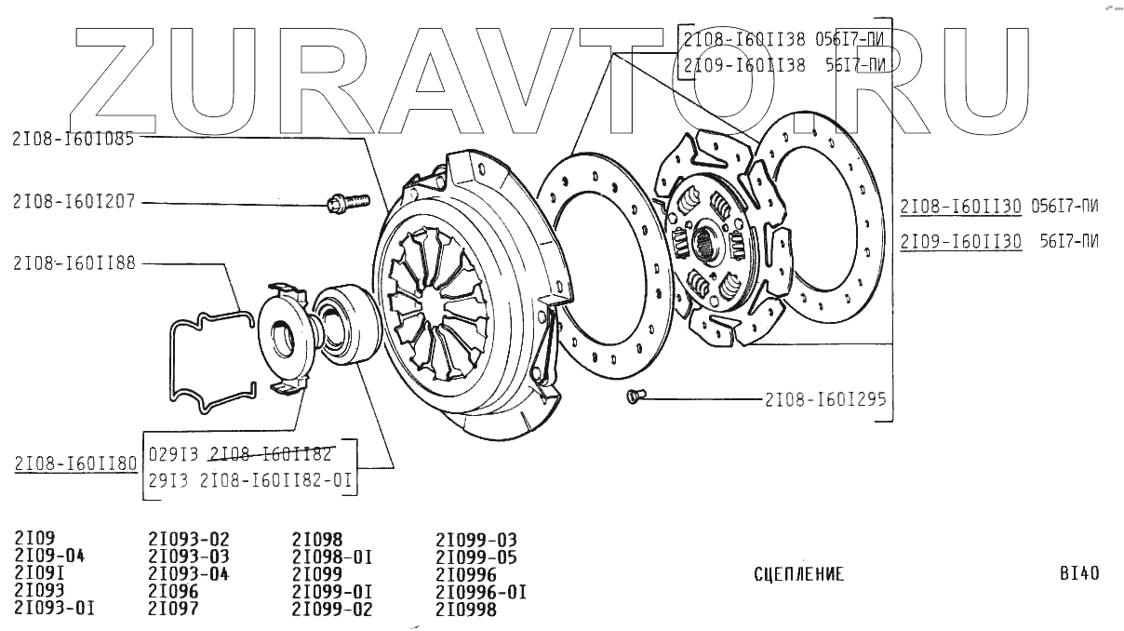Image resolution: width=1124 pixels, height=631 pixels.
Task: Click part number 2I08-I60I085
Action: (x=74, y=140)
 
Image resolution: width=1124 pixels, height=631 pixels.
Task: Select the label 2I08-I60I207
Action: (x=74, y=202)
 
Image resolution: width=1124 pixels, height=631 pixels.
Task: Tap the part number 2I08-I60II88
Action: (x=74, y=263)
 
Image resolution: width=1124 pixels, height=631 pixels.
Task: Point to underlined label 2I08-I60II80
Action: (x=75, y=463)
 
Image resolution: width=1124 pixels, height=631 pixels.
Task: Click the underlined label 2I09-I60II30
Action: (x=961, y=241)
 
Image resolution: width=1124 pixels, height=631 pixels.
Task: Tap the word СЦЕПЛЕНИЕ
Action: (x=798, y=574)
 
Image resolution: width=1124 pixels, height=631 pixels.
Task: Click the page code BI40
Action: (x=1078, y=573)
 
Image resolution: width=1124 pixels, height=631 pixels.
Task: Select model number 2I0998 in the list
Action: (x=466, y=611)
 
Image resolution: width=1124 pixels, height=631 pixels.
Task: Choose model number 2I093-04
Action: (x=189, y=574)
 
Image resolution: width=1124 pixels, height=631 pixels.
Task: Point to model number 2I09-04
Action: (x=50, y=557)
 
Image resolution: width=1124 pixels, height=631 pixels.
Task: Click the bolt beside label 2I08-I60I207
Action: (x=347, y=201)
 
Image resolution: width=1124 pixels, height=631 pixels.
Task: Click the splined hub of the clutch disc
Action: (x=709, y=244)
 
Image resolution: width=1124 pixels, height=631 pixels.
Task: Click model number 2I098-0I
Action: (x=332, y=557)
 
